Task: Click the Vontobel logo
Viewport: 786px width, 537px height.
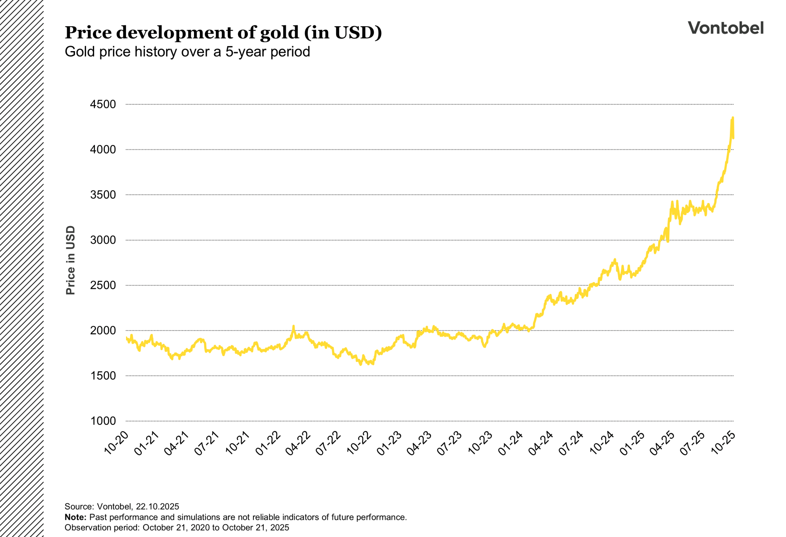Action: coord(725,28)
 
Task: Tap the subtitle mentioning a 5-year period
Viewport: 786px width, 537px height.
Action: coord(187,52)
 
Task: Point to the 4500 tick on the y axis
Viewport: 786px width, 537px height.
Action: coord(103,104)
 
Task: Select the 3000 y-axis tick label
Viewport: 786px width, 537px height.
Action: coord(103,240)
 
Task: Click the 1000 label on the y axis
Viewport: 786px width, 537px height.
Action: coord(103,421)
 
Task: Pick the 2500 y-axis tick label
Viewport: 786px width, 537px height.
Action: coord(103,285)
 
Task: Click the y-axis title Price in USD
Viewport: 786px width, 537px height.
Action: coord(70,260)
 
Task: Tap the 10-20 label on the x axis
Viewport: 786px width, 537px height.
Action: coord(116,443)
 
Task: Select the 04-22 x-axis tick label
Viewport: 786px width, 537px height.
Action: coord(298,443)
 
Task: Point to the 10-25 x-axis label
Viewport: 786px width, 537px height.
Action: coord(723,443)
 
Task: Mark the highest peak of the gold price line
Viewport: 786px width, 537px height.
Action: coord(733,118)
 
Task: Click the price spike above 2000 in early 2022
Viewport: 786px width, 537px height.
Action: coord(293,326)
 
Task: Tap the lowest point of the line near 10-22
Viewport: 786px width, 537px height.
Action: coord(361,364)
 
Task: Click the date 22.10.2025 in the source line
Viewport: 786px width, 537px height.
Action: coord(158,507)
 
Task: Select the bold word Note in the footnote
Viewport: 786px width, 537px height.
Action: coord(75,517)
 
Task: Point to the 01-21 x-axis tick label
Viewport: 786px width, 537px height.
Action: coord(146,443)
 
